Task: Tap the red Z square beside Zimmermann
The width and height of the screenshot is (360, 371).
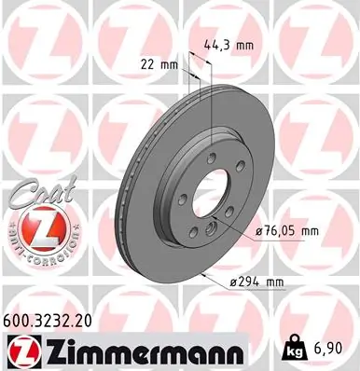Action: point(19,350)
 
